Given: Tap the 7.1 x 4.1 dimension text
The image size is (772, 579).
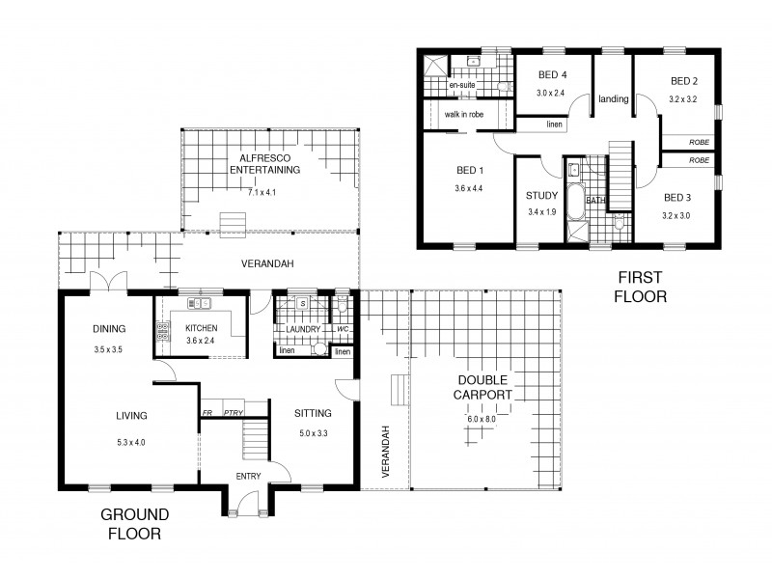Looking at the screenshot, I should point(262,193).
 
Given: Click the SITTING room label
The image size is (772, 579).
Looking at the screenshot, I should point(312,413).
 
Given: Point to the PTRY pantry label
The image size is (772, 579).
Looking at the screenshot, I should point(233,413).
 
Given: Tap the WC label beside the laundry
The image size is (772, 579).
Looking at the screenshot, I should point(342,329).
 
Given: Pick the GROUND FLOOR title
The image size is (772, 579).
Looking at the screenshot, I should point(134,522).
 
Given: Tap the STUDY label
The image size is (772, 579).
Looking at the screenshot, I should point(541,195).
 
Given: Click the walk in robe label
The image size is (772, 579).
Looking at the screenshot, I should point(463,114).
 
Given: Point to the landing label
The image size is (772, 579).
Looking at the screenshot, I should point(613,99).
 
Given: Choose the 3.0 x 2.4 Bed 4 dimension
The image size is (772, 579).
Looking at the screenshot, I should point(551,93).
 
